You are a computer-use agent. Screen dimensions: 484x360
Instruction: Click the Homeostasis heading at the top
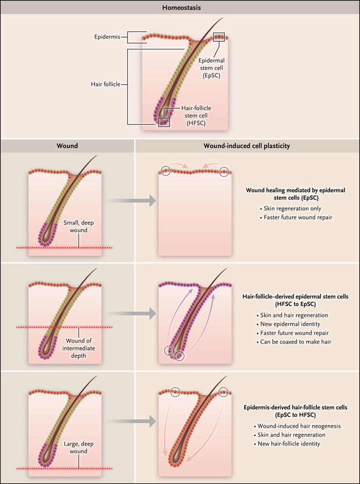[180, 7]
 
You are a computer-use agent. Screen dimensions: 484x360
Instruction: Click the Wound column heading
[67, 147]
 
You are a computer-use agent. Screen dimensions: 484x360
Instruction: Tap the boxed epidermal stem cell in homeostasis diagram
[219, 37]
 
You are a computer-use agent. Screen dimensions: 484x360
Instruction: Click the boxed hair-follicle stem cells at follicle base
[163, 122]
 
